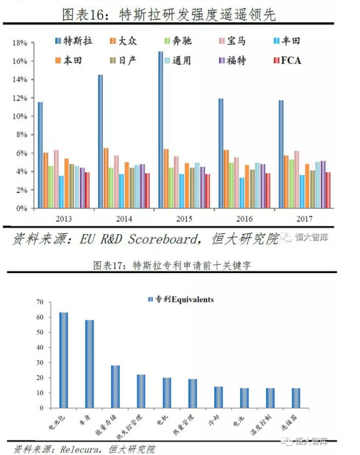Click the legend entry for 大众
[126, 41]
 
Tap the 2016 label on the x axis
[241, 218]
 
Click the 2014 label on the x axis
[121, 218]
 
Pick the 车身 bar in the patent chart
[90, 364]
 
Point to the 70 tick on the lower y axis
[39, 301]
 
